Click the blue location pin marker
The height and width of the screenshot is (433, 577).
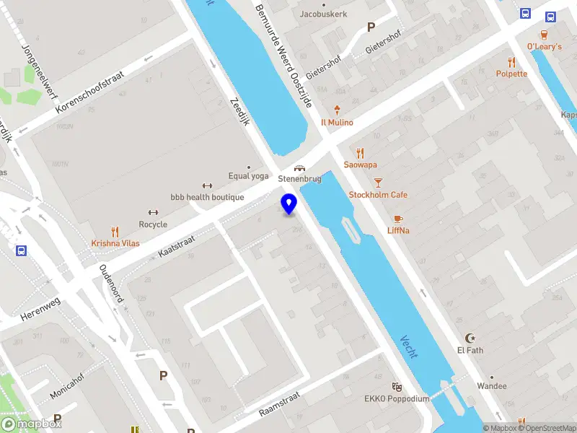289,204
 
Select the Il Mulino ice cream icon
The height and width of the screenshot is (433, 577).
337,110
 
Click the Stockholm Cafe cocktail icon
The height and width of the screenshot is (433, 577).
379,183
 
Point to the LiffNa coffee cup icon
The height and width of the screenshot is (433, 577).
398,219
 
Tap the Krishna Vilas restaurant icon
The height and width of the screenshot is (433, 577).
115,232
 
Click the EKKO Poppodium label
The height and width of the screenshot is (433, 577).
397,399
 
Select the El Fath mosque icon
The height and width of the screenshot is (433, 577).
470,338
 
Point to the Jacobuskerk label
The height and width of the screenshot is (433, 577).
324,14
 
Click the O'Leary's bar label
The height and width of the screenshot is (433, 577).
545,46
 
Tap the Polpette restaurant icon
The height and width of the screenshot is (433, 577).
511,62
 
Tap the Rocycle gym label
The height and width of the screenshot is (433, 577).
153,224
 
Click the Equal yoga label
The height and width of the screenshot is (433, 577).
248,176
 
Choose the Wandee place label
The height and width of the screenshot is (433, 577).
491,386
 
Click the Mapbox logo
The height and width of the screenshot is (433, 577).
30,424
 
